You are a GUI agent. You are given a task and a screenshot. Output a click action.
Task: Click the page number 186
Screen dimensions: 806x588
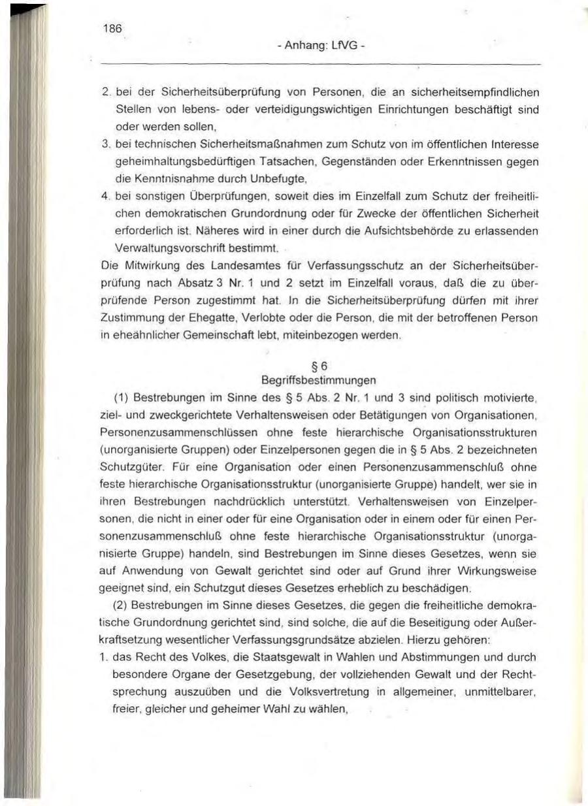pos(110,29)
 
